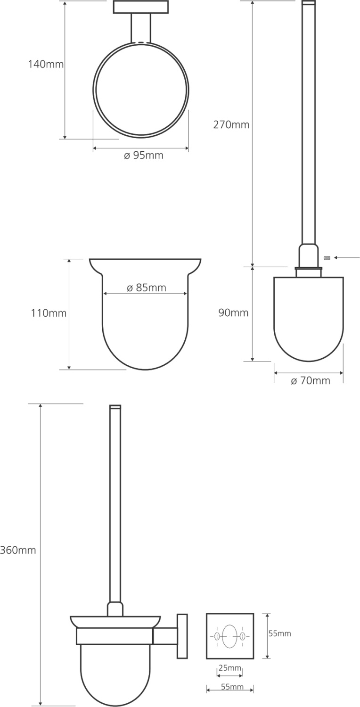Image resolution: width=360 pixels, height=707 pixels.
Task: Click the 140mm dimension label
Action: tap(46, 65)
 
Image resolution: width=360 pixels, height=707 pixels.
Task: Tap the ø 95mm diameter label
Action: tap(144, 155)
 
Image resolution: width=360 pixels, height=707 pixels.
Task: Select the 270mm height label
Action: tap(231, 125)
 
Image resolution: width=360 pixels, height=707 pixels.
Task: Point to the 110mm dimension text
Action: tap(49, 313)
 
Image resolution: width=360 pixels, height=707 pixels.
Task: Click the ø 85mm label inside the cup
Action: tap(147, 288)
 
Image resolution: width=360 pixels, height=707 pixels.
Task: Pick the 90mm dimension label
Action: tap(233, 313)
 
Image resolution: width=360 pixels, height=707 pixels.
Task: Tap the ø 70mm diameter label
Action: tap(311, 381)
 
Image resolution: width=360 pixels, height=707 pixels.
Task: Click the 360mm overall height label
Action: tap(18, 551)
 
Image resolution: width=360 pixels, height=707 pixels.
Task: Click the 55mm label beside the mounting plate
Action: tap(279, 633)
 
